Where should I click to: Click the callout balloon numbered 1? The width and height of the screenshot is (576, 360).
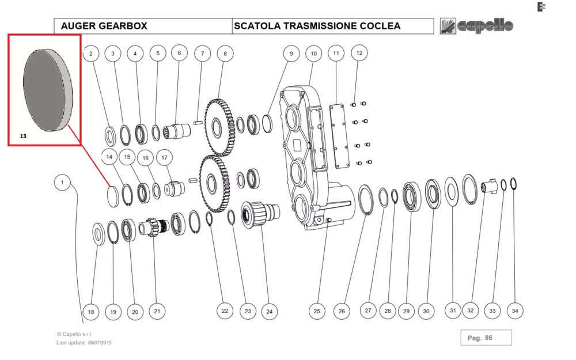click(62, 183)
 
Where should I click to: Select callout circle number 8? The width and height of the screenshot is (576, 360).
click(225, 54)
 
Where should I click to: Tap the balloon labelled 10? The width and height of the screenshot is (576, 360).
click(313, 54)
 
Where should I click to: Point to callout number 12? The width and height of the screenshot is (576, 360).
click(359, 53)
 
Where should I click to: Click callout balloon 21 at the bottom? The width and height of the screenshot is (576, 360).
click(157, 311)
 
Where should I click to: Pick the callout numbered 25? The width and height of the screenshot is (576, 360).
click(317, 311)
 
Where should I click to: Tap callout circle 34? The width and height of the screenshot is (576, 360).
click(515, 310)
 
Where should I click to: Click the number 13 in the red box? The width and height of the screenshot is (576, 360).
click(23, 137)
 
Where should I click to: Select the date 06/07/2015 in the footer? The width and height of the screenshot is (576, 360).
click(100, 343)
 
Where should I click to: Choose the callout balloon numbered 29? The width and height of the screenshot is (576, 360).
click(407, 311)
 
